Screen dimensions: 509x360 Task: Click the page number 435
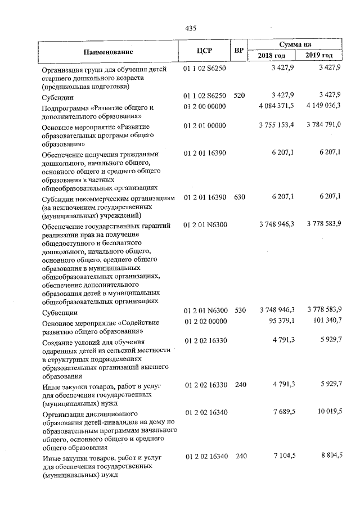click(190, 28)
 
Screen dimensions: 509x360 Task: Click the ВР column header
click(239, 51)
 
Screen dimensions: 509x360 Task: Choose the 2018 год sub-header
click(272, 56)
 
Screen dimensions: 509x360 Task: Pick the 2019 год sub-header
click(319, 56)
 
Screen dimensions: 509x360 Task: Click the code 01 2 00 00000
click(205, 106)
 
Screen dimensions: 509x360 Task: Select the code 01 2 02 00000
click(205, 322)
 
